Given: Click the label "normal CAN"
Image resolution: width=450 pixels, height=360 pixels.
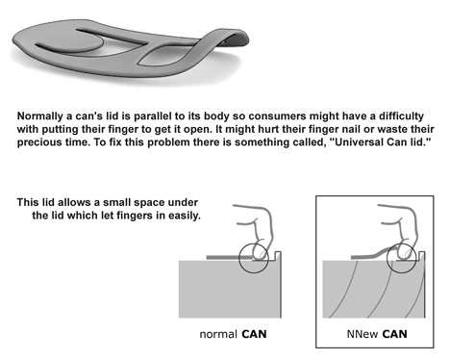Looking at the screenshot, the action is pyautogui.click(x=233, y=334).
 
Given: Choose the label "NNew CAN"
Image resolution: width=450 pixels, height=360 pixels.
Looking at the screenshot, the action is pyautogui.click(x=377, y=334).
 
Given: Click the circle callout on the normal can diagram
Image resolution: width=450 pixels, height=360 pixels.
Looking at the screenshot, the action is pyautogui.click(x=238, y=259).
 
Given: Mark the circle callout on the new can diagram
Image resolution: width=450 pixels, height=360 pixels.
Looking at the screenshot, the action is pyautogui.click(x=387, y=259).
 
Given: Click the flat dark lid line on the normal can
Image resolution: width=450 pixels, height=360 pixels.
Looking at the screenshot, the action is pyautogui.click(x=223, y=257).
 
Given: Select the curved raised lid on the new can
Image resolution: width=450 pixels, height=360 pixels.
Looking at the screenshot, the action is pyautogui.click(x=372, y=254).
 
